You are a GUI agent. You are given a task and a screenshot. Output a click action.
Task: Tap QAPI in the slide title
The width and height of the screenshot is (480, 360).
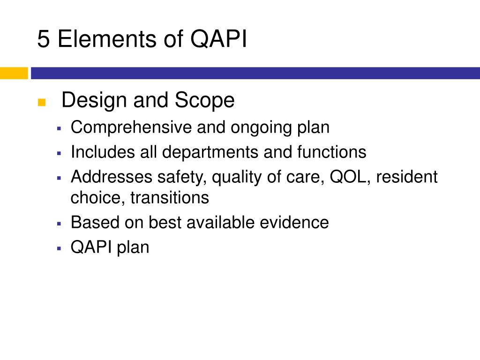(219, 40)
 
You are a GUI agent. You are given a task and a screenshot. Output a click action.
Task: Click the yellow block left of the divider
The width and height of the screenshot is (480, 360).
(14, 73)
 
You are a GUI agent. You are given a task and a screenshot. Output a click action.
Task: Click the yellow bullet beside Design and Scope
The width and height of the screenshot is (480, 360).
(41, 103)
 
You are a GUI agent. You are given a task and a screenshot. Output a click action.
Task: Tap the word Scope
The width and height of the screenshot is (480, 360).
(204, 100)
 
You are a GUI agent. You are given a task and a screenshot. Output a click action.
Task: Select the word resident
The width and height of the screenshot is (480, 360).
(407, 177)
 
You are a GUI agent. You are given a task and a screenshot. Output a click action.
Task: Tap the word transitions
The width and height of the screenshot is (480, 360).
(169, 197)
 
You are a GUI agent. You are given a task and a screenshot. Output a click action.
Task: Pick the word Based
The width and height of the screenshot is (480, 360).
(95, 222)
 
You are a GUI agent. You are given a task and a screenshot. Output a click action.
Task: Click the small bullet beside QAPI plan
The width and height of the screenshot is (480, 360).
(59, 247)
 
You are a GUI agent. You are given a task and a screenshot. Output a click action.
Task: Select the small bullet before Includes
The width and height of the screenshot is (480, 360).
(59, 153)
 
